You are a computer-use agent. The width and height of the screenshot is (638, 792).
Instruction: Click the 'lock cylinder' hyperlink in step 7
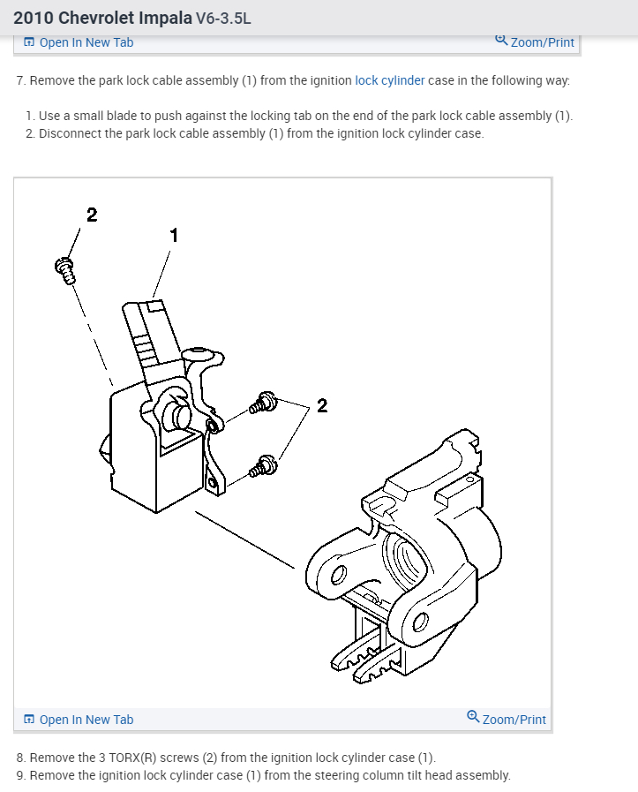(389, 80)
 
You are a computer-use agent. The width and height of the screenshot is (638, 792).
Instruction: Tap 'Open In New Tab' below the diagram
(79, 720)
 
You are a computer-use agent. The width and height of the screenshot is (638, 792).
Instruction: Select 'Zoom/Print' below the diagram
(514, 720)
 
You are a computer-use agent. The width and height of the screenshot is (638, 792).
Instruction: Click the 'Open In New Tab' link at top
(79, 42)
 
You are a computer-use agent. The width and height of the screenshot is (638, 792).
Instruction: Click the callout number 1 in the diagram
(174, 235)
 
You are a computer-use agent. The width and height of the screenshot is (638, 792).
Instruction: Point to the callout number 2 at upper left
(92, 215)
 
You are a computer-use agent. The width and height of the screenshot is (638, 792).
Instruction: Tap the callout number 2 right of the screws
(321, 405)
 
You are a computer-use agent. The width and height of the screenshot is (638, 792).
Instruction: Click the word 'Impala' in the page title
(166, 18)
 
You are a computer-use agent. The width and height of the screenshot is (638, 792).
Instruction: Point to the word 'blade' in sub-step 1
(123, 116)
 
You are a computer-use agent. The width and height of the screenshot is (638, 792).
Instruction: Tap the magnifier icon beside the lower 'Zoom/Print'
(473, 717)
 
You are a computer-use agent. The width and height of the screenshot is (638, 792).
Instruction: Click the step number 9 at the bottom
(20, 775)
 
